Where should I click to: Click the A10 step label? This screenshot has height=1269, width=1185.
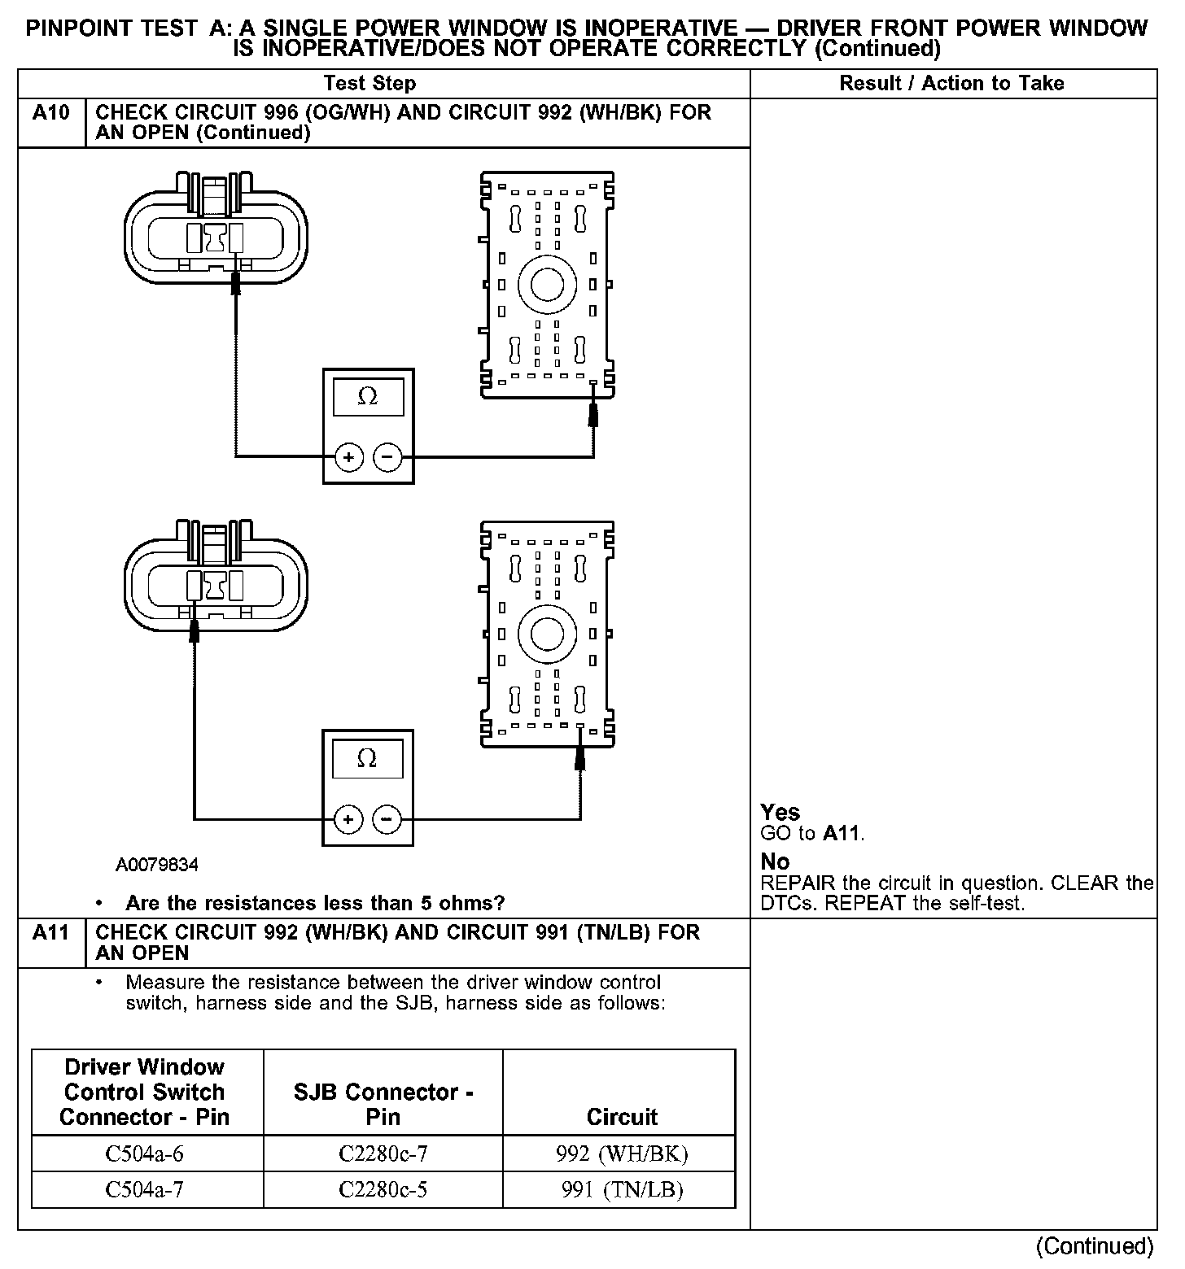point(50,112)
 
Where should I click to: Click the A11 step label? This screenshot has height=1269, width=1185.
point(50,932)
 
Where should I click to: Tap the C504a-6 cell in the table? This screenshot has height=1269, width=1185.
point(145,1153)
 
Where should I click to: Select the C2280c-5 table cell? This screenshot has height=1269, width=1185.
point(383,1190)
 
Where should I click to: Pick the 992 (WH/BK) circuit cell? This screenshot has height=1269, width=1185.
point(622,1153)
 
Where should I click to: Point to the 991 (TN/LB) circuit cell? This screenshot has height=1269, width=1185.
point(622,1190)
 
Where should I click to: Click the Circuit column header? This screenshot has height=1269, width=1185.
point(622,1117)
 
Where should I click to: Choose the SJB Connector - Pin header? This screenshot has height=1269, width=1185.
point(383,1104)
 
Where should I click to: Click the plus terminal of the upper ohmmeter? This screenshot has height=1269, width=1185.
point(348,458)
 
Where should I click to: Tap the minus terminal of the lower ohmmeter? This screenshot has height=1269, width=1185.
point(387,818)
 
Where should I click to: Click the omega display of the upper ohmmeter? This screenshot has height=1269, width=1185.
point(368,397)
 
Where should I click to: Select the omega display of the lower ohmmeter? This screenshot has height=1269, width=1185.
point(368,759)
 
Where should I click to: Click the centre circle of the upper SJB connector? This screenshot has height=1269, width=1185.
point(547,285)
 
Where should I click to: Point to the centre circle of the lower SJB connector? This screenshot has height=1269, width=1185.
point(547,634)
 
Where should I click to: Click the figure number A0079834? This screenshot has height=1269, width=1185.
point(156,865)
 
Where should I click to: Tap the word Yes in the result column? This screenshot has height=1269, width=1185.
point(780,812)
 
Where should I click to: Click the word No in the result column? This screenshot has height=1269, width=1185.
point(775,861)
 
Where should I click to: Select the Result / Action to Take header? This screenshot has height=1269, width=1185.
point(951,83)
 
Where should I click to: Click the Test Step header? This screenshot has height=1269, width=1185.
point(369,83)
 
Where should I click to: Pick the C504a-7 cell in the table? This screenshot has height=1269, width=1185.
point(145,1190)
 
